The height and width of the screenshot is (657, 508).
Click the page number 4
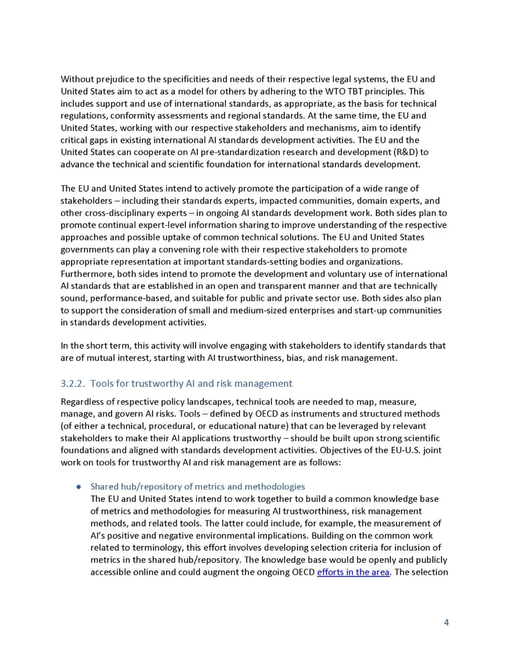click(446, 623)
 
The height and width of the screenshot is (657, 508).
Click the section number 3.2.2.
click(72, 384)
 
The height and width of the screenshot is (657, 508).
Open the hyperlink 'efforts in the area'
click(353, 572)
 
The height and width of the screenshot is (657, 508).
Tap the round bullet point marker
click(79, 487)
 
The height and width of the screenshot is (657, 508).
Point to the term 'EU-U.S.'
click(401, 451)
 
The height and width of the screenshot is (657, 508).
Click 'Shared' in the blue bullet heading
click(104, 487)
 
